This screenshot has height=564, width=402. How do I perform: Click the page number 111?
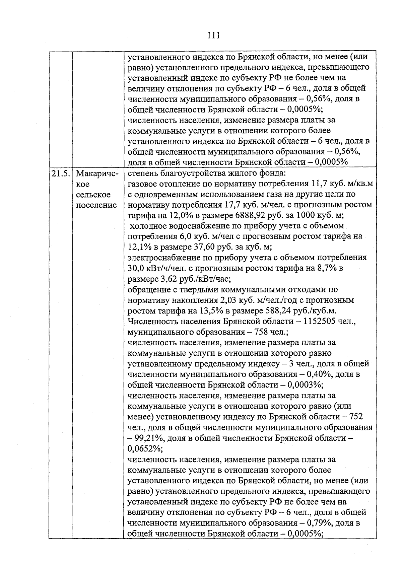click(214, 35)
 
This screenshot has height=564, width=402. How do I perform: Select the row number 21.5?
click(61, 173)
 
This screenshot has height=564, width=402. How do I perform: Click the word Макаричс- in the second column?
click(95, 173)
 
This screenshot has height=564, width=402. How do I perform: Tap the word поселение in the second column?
click(96, 205)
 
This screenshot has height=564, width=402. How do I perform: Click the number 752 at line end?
click(356, 417)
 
